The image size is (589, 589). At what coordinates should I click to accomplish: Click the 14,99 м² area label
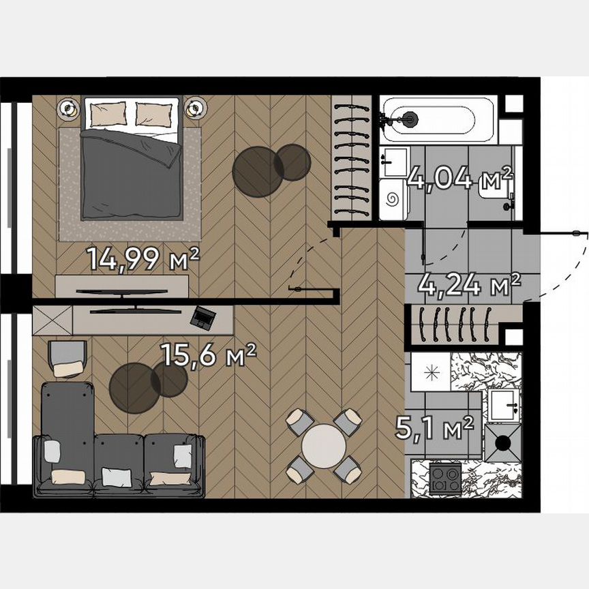[142, 258]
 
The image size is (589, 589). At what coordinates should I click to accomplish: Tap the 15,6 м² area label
[208, 354]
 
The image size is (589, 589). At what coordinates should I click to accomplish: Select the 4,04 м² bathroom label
[459, 179]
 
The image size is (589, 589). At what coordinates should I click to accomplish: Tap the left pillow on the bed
[108, 113]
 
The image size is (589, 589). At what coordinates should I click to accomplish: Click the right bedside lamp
[195, 108]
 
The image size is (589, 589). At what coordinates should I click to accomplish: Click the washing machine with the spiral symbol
[393, 200]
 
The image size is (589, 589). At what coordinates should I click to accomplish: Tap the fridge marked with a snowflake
[429, 372]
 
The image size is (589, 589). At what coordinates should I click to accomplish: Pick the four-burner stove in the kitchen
[444, 477]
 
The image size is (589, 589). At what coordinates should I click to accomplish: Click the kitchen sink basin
[504, 406]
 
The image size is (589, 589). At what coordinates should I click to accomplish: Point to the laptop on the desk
[204, 316]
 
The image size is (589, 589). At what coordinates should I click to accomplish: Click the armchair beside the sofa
[67, 359]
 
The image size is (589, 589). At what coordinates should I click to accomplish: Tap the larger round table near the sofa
[134, 387]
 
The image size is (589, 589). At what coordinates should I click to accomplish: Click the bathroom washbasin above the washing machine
[393, 162]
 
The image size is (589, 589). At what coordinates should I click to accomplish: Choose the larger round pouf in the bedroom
[258, 172]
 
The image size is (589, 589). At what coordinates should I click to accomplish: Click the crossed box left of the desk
[52, 319]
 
